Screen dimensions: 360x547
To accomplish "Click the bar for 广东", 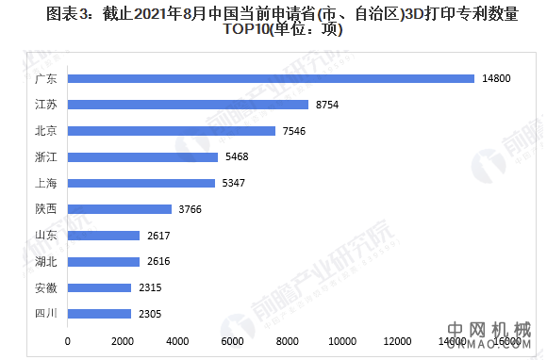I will (271, 78).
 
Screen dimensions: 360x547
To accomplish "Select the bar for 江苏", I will (188, 105).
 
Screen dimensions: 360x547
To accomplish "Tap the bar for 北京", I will (172, 131).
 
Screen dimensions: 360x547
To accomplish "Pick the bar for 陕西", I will (120, 209).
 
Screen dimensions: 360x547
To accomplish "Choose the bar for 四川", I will (99, 314).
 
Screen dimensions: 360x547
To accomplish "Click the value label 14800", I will (497, 78).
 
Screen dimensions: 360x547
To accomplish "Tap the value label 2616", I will (158, 261).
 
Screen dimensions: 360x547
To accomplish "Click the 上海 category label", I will (46, 183).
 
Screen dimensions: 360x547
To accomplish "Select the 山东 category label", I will (46, 236).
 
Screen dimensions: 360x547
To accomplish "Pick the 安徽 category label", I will (46, 287).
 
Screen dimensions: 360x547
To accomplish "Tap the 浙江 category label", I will (46, 156).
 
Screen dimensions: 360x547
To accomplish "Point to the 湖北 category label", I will (46, 261).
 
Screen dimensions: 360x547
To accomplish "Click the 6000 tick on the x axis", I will (232, 340).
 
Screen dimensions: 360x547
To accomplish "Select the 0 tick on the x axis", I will (67, 340).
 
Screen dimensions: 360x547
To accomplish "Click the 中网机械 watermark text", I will (491, 332).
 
